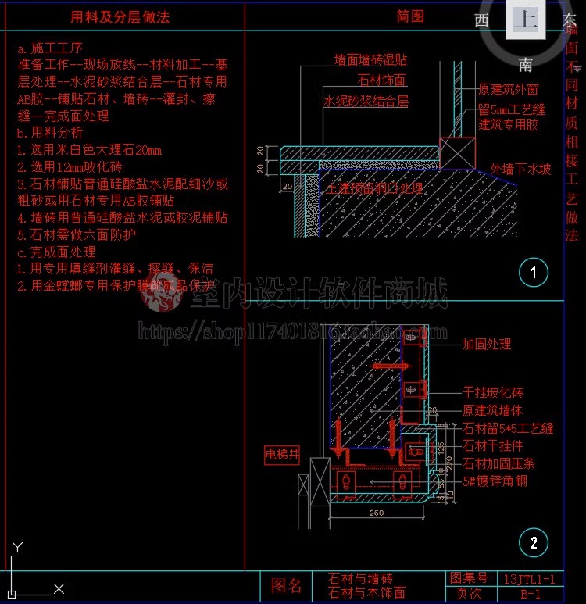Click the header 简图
click(410, 16)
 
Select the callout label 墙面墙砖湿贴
click(370, 60)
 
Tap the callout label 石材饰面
click(382, 80)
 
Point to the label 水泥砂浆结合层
click(366, 102)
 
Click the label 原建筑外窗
click(508, 91)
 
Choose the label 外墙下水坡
click(520, 169)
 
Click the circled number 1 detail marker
click(534, 273)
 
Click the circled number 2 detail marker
click(534, 542)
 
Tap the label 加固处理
click(486, 344)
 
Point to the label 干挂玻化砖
click(492, 393)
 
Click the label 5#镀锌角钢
click(495, 481)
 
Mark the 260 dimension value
click(377, 513)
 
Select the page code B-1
click(531, 595)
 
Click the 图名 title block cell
click(286, 586)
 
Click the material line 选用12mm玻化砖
click(70, 167)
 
